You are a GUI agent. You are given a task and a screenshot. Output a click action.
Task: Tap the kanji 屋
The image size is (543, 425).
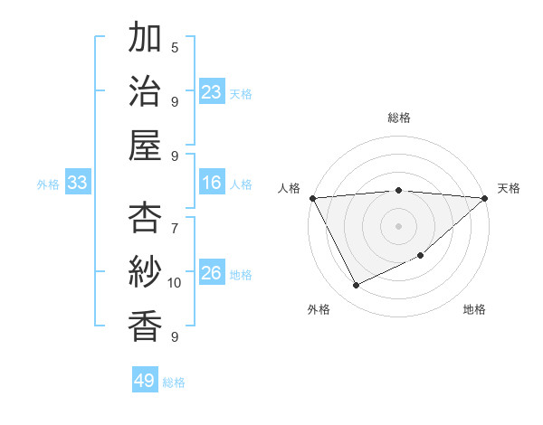145,144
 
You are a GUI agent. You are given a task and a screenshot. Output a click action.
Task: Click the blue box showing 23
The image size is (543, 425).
211,91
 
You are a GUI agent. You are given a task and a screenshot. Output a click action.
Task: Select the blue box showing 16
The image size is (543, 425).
211,183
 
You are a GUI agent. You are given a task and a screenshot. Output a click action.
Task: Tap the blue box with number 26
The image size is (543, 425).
211,273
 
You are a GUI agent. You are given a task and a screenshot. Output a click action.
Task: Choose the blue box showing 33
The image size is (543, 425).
78,183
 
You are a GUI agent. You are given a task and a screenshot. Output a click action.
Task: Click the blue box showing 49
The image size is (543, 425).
145,381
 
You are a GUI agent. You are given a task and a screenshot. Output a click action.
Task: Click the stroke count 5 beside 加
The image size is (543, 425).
175,47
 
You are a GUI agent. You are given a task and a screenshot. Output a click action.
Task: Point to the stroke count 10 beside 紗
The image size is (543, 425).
175,283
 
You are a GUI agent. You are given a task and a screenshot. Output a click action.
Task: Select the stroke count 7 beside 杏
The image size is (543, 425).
175,219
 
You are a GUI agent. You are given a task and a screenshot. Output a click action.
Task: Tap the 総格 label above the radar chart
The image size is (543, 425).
398,118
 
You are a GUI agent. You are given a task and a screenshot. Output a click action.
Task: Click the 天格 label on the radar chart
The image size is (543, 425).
509,188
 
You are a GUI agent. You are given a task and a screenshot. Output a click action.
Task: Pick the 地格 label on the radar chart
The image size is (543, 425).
474,309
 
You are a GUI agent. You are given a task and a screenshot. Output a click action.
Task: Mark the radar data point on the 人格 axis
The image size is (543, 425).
312,197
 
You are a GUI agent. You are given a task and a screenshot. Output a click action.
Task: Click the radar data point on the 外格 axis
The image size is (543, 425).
356,286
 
